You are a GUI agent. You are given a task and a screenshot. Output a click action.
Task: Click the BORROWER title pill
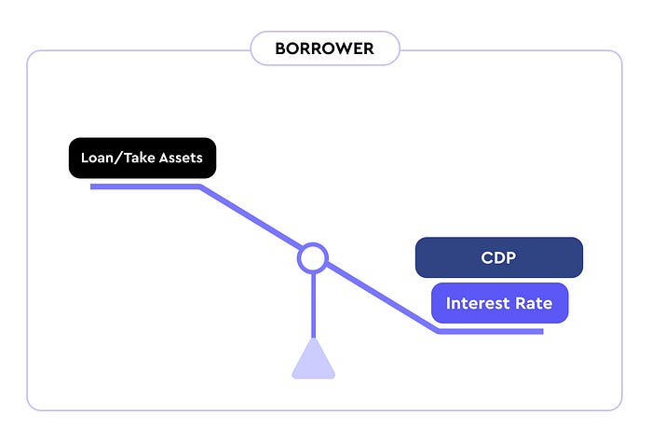(x=325, y=48)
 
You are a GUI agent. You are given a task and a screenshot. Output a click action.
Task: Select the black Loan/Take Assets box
(x=143, y=159)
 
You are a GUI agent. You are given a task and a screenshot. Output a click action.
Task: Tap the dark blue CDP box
(x=499, y=257)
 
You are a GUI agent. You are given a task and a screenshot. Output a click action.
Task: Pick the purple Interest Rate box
(x=499, y=303)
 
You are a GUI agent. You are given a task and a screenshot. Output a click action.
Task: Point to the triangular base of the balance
(x=314, y=359)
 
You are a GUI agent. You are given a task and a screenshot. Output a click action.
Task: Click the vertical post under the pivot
(x=314, y=306)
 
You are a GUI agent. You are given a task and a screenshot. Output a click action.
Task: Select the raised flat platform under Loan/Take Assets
(x=145, y=186)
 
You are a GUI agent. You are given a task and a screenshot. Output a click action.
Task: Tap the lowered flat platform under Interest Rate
(x=490, y=331)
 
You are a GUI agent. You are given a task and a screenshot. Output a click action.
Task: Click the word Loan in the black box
(x=97, y=158)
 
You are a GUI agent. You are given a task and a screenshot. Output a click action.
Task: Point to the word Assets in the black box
(x=181, y=159)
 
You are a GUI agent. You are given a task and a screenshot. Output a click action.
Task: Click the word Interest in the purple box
(x=478, y=303)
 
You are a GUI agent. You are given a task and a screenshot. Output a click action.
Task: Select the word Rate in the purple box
(x=534, y=303)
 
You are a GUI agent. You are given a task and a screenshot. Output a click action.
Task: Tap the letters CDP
(x=498, y=257)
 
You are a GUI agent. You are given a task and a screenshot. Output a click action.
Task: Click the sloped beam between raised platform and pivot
(x=251, y=217)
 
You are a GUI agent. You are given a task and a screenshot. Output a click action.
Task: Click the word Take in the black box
(x=140, y=158)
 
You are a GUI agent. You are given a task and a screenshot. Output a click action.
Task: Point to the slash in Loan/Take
(x=118, y=159)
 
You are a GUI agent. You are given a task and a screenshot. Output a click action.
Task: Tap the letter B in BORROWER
(x=280, y=48)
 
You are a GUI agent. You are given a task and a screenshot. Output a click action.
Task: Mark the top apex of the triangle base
(x=314, y=338)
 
